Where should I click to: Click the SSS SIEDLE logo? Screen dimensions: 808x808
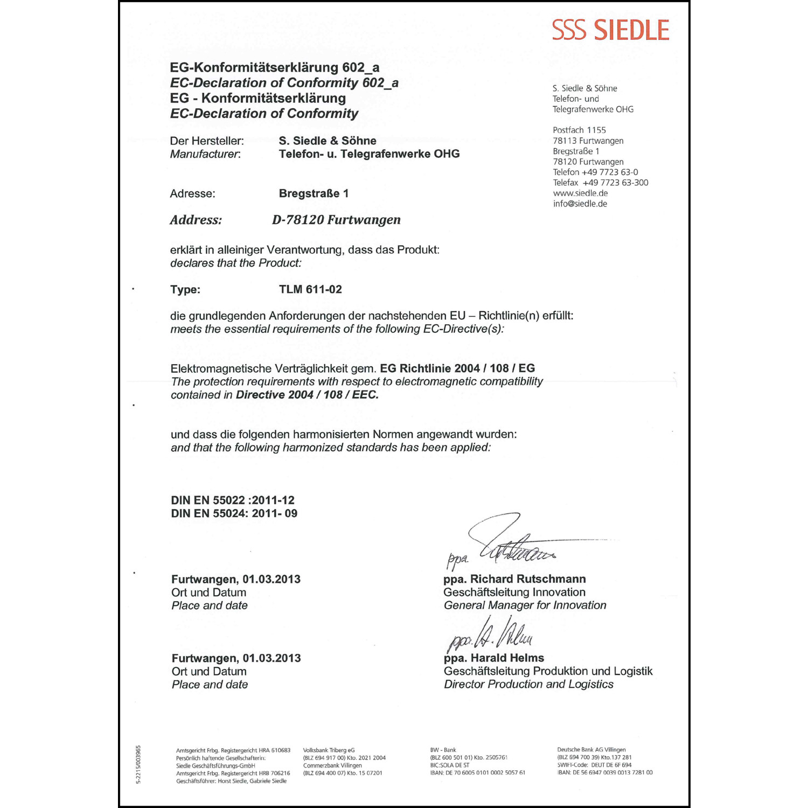[610, 30]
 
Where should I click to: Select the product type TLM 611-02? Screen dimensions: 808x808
[310, 289]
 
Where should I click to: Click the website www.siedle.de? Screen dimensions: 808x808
[580, 193]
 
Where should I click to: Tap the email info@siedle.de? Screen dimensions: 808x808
[580, 204]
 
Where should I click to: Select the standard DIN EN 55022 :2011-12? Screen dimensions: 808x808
[233, 500]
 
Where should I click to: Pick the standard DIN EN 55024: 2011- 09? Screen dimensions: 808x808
[234, 513]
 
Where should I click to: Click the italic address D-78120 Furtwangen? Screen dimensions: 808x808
[336, 220]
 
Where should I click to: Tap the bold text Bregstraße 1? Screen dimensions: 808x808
[314, 193]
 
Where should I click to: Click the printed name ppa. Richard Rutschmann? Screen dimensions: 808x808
[514, 579]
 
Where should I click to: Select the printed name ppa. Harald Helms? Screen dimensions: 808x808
[493, 658]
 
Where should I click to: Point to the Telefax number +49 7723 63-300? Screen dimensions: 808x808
[601, 183]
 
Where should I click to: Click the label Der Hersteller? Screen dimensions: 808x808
[207, 141]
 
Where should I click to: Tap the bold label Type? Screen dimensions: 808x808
[185, 289]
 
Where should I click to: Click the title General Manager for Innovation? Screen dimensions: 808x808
[525, 605]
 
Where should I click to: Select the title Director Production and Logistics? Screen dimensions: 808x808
[528, 684]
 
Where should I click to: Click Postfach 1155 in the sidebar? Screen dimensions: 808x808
[579, 130]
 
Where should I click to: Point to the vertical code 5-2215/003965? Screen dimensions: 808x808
[138, 765]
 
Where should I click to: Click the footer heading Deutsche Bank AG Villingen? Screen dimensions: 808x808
[591, 749]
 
